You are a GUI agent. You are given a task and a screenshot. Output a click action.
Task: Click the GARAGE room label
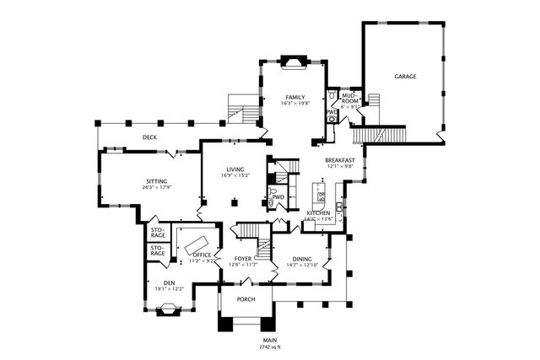pyautogui.click(x=405, y=77)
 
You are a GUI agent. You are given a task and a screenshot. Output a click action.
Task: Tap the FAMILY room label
pyautogui.click(x=294, y=97)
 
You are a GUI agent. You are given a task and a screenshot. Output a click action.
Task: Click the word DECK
pyautogui.click(x=149, y=137)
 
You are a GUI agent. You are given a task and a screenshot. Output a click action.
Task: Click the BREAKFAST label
pyautogui.click(x=340, y=159)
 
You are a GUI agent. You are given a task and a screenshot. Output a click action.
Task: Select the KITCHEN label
pyautogui.click(x=318, y=214)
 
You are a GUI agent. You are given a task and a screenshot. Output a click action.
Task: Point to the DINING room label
pyautogui.click(x=301, y=259)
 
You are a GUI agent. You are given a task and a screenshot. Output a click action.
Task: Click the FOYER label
pyautogui.click(x=242, y=259)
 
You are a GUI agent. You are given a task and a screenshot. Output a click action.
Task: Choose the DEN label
pyautogui.click(x=169, y=282)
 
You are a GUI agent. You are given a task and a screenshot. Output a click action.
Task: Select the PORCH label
pyautogui.click(x=246, y=299)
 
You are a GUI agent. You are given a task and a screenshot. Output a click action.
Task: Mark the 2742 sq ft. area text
pyautogui.click(x=270, y=347)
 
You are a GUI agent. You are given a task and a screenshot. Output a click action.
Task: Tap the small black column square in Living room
pyautogui.click(x=236, y=201)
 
